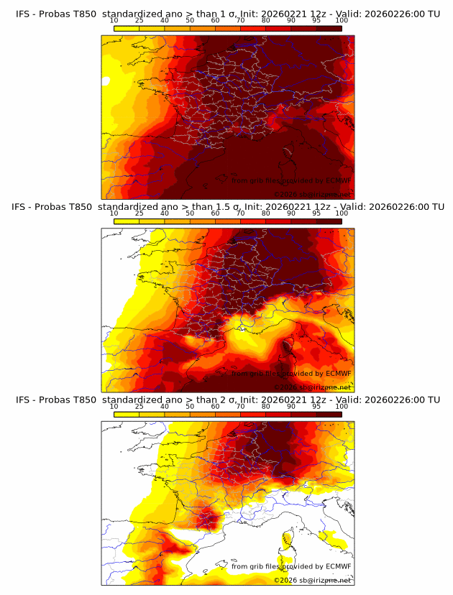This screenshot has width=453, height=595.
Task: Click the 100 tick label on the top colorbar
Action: (342, 21)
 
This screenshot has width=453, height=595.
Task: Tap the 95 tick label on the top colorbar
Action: (316, 21)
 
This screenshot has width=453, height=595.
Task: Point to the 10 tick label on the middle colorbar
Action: (114, 213)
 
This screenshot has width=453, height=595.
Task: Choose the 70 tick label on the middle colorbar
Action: (240, 213)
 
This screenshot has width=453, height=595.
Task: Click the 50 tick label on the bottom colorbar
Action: (190, 407)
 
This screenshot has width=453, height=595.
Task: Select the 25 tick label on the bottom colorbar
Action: (139, 407)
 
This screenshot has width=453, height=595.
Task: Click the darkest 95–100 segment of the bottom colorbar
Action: (329, 415)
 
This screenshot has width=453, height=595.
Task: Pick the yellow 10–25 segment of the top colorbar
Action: (126, 29)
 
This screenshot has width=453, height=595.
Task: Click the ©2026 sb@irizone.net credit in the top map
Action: (312, 194)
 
